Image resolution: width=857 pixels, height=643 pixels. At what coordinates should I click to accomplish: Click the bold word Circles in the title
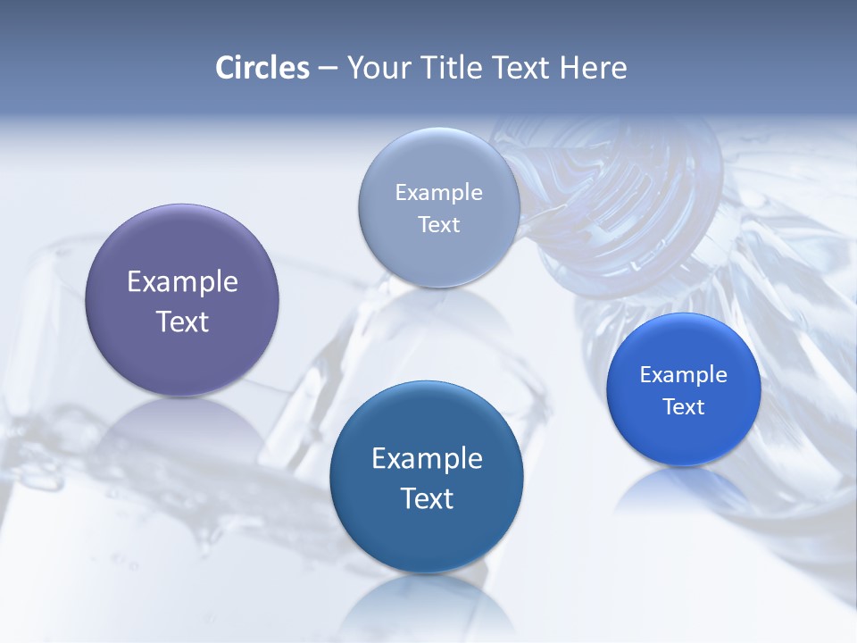pyautogui.click(x=262, y=68)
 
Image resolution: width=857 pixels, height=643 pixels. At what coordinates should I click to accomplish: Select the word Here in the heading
pyautogui.click(x=593, y=68)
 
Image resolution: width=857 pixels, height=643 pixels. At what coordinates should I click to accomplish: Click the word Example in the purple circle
pyautogui.click(x=182, y=281)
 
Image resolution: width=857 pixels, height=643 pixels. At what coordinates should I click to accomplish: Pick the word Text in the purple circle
pyautogui.click(x=182, y=321)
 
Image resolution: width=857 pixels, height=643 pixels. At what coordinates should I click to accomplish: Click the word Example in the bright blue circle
pyautogui.click(x=683, y=375)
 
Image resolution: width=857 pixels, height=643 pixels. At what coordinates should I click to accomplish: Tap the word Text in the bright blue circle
pyautogui.click(x=683, y=407)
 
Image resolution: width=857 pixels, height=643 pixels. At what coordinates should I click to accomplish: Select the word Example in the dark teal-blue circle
pyautogui.click(x=427, y=458)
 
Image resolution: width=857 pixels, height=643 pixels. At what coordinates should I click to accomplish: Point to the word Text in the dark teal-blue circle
pyautogui.click(x=427, y=498)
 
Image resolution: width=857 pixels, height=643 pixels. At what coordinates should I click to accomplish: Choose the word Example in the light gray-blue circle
pyautogui.click(x=439, y=193)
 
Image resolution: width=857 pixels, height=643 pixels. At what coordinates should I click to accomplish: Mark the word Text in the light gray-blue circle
pyautogui.click(x=439, y=225)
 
